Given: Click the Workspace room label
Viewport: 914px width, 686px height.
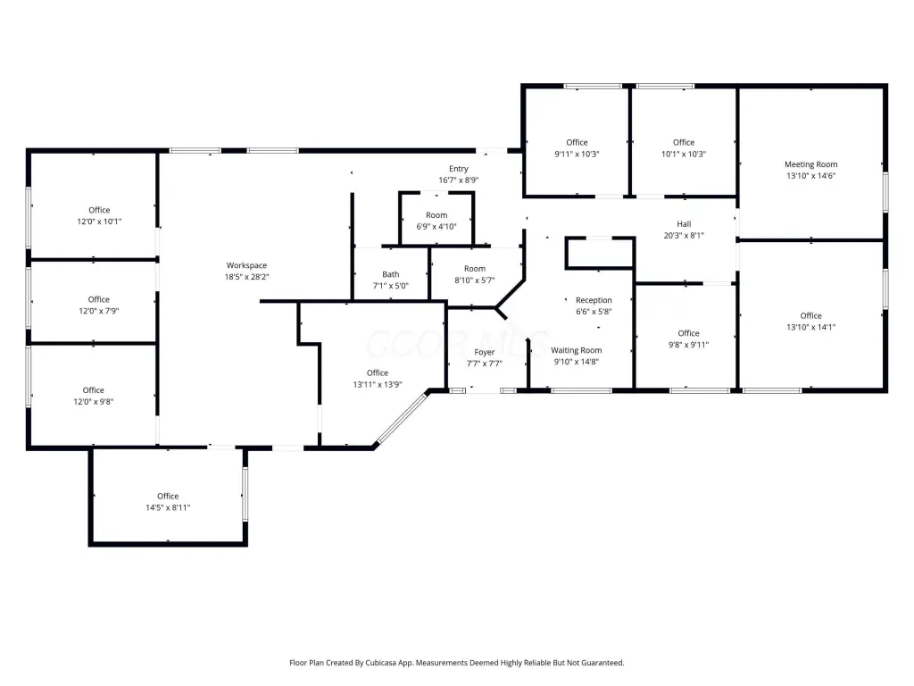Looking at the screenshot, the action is pos(246,265).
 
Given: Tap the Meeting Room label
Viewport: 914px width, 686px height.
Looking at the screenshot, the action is pos(810,164).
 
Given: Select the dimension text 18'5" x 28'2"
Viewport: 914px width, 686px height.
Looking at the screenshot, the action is pos(246,277).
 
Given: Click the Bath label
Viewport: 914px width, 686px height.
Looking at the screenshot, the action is pos(391,274).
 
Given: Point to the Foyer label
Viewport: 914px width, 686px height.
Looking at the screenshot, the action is pos(485,352).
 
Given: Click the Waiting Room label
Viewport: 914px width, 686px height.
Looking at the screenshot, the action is pos(577,350).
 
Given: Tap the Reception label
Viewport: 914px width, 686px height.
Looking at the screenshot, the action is pos(594,300).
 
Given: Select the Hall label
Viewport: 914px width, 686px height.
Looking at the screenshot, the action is pos(684,224).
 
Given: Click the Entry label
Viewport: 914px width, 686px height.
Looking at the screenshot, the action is pos(459,169).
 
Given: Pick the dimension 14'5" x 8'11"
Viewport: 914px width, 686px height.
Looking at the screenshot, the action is pos(168,507).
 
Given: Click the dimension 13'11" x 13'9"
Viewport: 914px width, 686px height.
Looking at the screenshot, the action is pos(378,384).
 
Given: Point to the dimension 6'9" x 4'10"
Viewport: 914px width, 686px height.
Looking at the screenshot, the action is pos(436,226).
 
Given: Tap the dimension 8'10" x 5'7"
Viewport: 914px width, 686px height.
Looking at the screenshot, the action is pos(475,280).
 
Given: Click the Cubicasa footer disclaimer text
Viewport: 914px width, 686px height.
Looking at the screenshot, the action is pos(456,663).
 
